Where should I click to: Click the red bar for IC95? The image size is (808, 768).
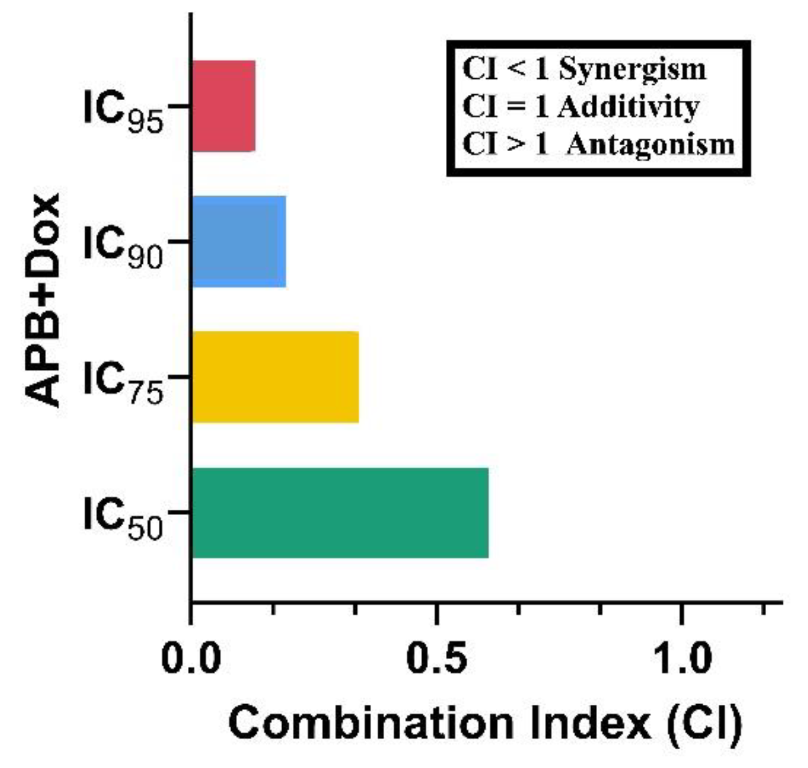click(223, 106)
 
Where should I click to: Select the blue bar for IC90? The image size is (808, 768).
click(239, 242)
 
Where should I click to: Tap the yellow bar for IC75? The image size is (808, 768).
click(275, 377)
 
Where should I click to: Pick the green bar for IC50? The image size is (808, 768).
click(340, 513)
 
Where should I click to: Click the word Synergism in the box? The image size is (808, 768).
click(632, 70)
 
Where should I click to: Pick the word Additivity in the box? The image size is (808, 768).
click(628, 107)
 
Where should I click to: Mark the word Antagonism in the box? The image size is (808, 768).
click(650, 145)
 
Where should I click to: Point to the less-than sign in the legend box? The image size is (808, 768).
click(517, 70)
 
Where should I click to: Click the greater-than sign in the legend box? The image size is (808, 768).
click(517, 145)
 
